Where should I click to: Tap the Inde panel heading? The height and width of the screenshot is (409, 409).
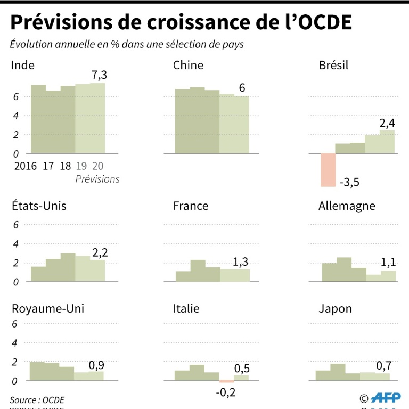pyautogui.click(x=22, y=65)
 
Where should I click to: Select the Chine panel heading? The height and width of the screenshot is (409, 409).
pyautogui.click(x=188, y=65)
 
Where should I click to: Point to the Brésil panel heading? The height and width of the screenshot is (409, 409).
pyautogui.click(x=333, y=65)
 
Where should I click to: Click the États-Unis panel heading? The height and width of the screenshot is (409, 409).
pyautogui.click(x=38, y=206)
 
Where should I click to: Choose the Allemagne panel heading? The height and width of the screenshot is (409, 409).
pyautogui.click(x=347, y=206)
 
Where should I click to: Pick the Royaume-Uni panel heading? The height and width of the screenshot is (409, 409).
pyautogui.click(x=47, y=309)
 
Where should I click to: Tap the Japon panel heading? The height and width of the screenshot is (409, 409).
pyautogui.click(x=335, y=309)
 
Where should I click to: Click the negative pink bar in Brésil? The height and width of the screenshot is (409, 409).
pyautogui.click(x=328, y=170)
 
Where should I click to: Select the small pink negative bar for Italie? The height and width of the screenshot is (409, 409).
pyautogui.click(x=226, y=381)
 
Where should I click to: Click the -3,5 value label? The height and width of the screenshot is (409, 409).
pyautogui.click(x=349, y=182)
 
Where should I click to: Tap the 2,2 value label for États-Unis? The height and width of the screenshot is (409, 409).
pyautogui.click(x=100, y=252)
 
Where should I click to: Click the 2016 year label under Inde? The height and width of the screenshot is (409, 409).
pyautogui.click(x=26, y=166)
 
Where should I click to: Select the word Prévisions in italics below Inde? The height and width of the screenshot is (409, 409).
pyautogui.click(x=97, y=179)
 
